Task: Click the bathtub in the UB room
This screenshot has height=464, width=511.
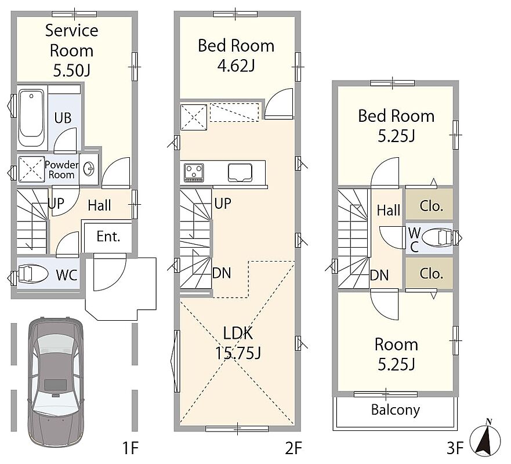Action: coord(31,118)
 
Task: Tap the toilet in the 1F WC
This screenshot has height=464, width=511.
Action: coord(33,274)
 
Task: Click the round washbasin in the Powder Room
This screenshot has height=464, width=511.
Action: coord(88,169)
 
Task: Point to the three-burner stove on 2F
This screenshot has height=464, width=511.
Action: coord(194,172)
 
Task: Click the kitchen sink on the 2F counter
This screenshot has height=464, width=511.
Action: coord(240,172)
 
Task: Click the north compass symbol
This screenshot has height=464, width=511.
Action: coord(485,438)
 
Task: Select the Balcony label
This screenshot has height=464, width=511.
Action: coord(396,410)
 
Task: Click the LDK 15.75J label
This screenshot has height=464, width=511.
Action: coord(238,343)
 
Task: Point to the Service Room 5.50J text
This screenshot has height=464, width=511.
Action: coord(72,50)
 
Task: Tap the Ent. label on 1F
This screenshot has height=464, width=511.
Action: coord(108,237)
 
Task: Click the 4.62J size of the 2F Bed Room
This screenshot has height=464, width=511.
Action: coord(236,66)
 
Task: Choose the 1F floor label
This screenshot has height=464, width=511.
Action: coord(131,448)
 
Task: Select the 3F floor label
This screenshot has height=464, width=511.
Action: coord(455,448)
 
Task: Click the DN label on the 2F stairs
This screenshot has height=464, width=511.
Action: coord(222,273)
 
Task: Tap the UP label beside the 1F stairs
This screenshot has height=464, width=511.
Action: coord(56,204)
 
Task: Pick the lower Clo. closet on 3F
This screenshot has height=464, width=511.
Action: coord(429,273)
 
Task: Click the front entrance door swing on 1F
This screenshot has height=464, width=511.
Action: coord(110,273)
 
